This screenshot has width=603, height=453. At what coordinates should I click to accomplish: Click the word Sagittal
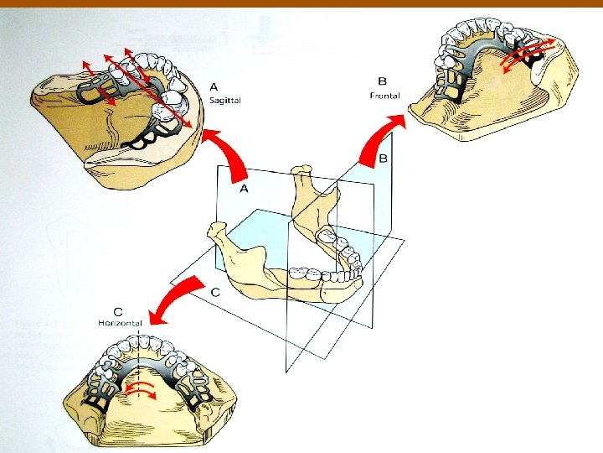pyautogui.click(x=225, y=100)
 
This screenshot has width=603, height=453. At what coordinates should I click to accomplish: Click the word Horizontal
pyautogui.click(x=120, y=323)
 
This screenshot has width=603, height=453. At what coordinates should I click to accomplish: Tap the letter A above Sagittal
pyautogui.click(x=214, y=86)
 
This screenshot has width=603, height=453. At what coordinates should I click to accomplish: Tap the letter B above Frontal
pyautogui.click(x=383, y=82)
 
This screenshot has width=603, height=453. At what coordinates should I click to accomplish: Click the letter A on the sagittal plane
pyautogui.click(x=245, y=190)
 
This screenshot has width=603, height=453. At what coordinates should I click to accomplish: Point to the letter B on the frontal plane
pyautogui.click(x=383, y=159)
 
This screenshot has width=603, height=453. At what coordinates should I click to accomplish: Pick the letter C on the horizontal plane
pyautogui.click(x=216, y=292)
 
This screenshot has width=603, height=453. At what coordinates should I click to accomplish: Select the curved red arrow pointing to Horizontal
pyautogui.click(x=180, y=300)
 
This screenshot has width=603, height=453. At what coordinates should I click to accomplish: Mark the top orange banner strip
pyautogui.click(x=301, y=3)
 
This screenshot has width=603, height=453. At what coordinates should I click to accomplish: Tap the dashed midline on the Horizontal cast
pyautogui.click(x=135, y=369)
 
